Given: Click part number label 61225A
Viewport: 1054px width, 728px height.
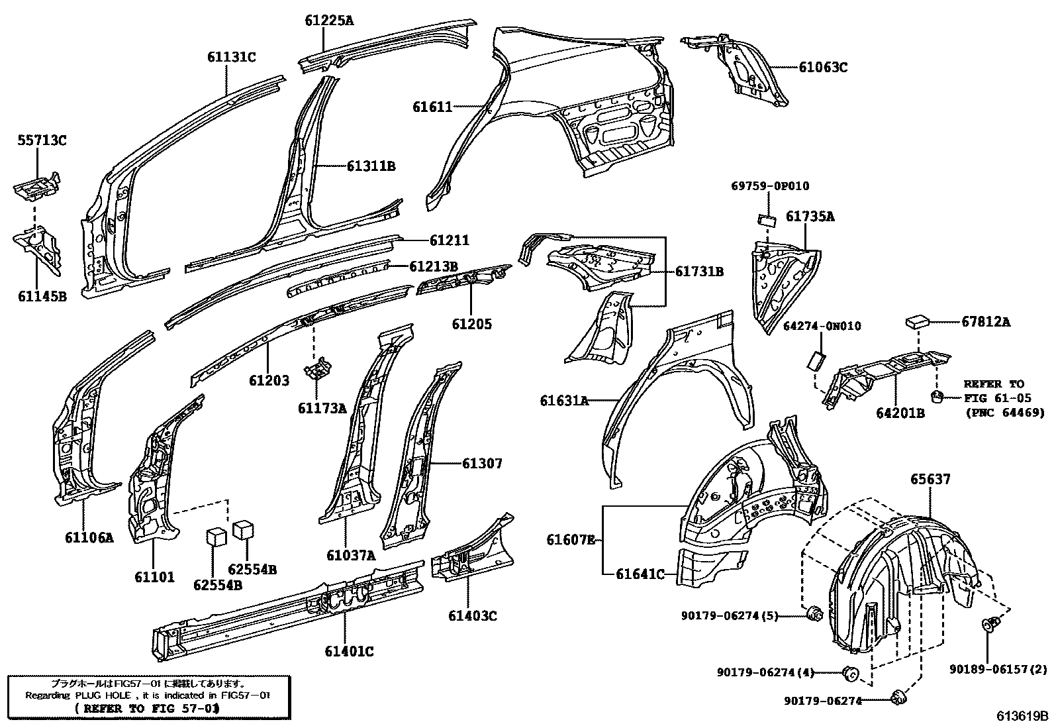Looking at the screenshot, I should pyautogui.click(x=329, y=21).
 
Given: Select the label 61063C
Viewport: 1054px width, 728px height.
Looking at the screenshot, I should pyautogui.click(x=822, y=67).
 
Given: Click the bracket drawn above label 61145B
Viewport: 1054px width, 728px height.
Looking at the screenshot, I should pyautogui.click(x=38, y=248).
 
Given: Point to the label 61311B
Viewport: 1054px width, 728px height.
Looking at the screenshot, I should pyautogui.click(x=371, y=166).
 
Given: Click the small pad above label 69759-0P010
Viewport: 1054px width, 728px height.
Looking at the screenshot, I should pyautogui.click(x=766, y=219).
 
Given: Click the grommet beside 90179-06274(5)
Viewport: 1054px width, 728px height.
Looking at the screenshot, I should pyautogui.click(x=816, y=614).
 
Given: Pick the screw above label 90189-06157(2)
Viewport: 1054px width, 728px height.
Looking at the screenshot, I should pyautogui.click(x=990, y=625).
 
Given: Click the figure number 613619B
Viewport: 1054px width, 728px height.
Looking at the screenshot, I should pyautogui.click(x=1023, y=716).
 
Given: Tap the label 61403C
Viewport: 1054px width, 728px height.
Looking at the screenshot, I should pyautogui.click(x=472, y=616).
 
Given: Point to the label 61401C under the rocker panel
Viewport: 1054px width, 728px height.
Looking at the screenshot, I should pyautogui.click(x=349, y=652).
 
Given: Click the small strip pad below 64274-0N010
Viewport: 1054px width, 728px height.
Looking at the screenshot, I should pyautogui.click(x=815, y=360).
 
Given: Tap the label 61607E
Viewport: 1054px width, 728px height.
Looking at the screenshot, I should pyautogui.click(x=571, y=540).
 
